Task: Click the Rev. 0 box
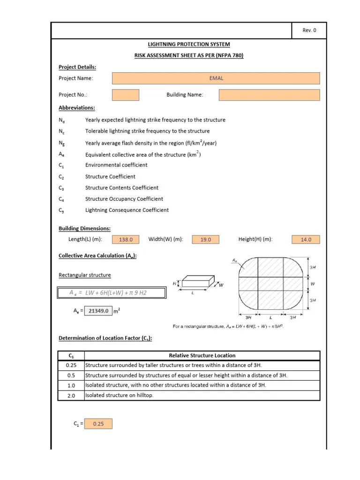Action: click(309, 30)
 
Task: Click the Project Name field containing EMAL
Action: click(216, 78)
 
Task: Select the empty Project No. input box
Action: click(126, 95)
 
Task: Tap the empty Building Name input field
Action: click(269, 95)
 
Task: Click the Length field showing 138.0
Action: click(126, 240)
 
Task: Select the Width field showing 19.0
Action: click(206, 240)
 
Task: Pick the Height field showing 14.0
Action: click(306, 240)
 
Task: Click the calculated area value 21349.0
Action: click(98, 311)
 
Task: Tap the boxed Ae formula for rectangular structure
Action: click(112, 293)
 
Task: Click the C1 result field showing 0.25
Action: click(98, 424)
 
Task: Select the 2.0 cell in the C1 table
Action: click(71, 395)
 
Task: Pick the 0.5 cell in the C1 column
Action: click(71, 375)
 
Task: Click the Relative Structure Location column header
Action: click(202, 356)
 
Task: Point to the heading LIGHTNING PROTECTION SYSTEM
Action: click(189, 45)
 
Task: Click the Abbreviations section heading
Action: click(76, 108)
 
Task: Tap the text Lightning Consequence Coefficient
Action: click(127, 210)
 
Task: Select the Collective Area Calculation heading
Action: click(97, 255)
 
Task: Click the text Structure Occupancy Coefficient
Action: click(124, 199)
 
